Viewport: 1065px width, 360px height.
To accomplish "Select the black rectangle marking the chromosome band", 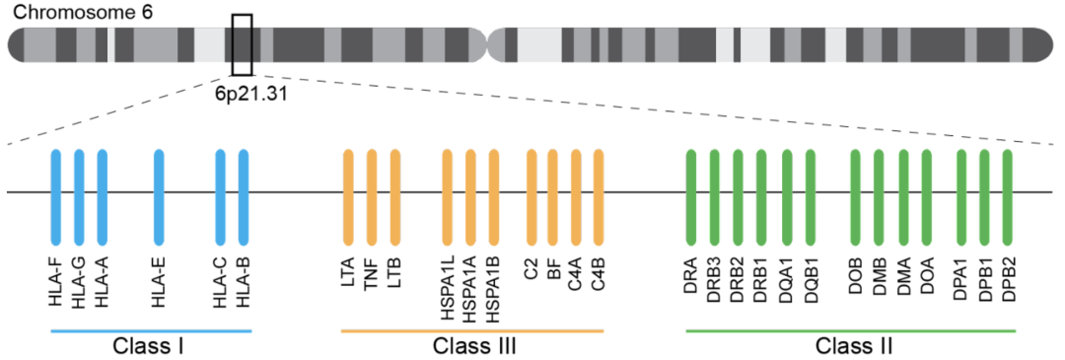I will (242, 44).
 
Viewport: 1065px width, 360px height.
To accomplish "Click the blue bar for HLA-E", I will (159, 196).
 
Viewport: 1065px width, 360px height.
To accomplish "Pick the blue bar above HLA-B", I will (244, 196).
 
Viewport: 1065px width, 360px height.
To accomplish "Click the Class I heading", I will (150, 346).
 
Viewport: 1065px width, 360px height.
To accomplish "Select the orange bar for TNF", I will (372, 196).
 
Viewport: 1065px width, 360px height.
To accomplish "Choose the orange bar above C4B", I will (599, 196).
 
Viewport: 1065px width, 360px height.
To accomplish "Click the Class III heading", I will (473, 346).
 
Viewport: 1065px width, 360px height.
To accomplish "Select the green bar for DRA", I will (691, 196).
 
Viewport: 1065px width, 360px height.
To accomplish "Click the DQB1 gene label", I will (811, 282).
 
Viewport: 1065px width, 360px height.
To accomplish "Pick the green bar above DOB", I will (855, 196).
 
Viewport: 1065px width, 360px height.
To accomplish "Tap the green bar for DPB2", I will (1008, 196).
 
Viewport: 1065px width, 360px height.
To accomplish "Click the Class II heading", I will (854, 346).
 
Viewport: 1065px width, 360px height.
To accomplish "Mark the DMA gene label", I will (903, 280).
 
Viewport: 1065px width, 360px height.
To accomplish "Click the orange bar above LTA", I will (348, 196).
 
